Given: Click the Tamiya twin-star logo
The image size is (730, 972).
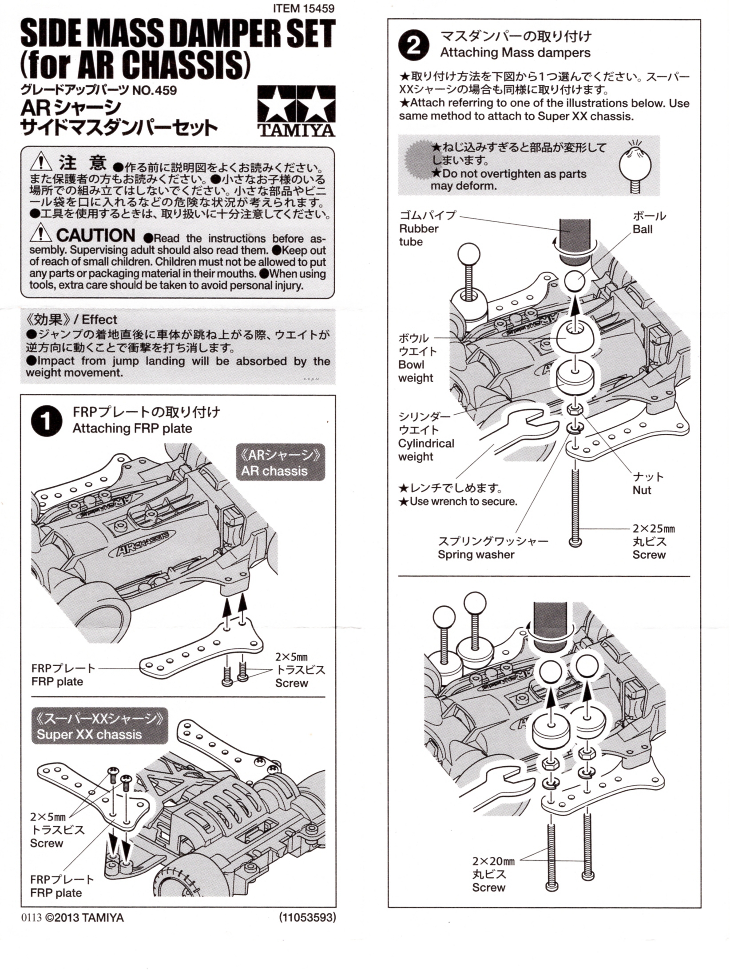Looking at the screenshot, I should point(296,111).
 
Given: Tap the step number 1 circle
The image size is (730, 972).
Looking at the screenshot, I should point(47,421).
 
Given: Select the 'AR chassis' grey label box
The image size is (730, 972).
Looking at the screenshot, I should point(280,463).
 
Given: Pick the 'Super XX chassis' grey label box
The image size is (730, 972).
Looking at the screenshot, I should point(99,726).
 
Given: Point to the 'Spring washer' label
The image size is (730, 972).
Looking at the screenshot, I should point(476,554).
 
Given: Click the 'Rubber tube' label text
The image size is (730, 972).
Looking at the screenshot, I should point(419,235).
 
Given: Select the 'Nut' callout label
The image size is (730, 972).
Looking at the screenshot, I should point(642,490).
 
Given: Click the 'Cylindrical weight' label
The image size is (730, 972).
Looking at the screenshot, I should point(426,450).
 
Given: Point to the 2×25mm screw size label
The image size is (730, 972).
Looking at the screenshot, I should point(653,529).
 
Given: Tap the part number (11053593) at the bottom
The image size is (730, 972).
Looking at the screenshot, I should point(307,917).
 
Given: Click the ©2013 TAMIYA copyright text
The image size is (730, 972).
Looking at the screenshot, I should point(84,917).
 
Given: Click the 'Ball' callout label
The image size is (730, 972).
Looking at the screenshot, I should point(642,229).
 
